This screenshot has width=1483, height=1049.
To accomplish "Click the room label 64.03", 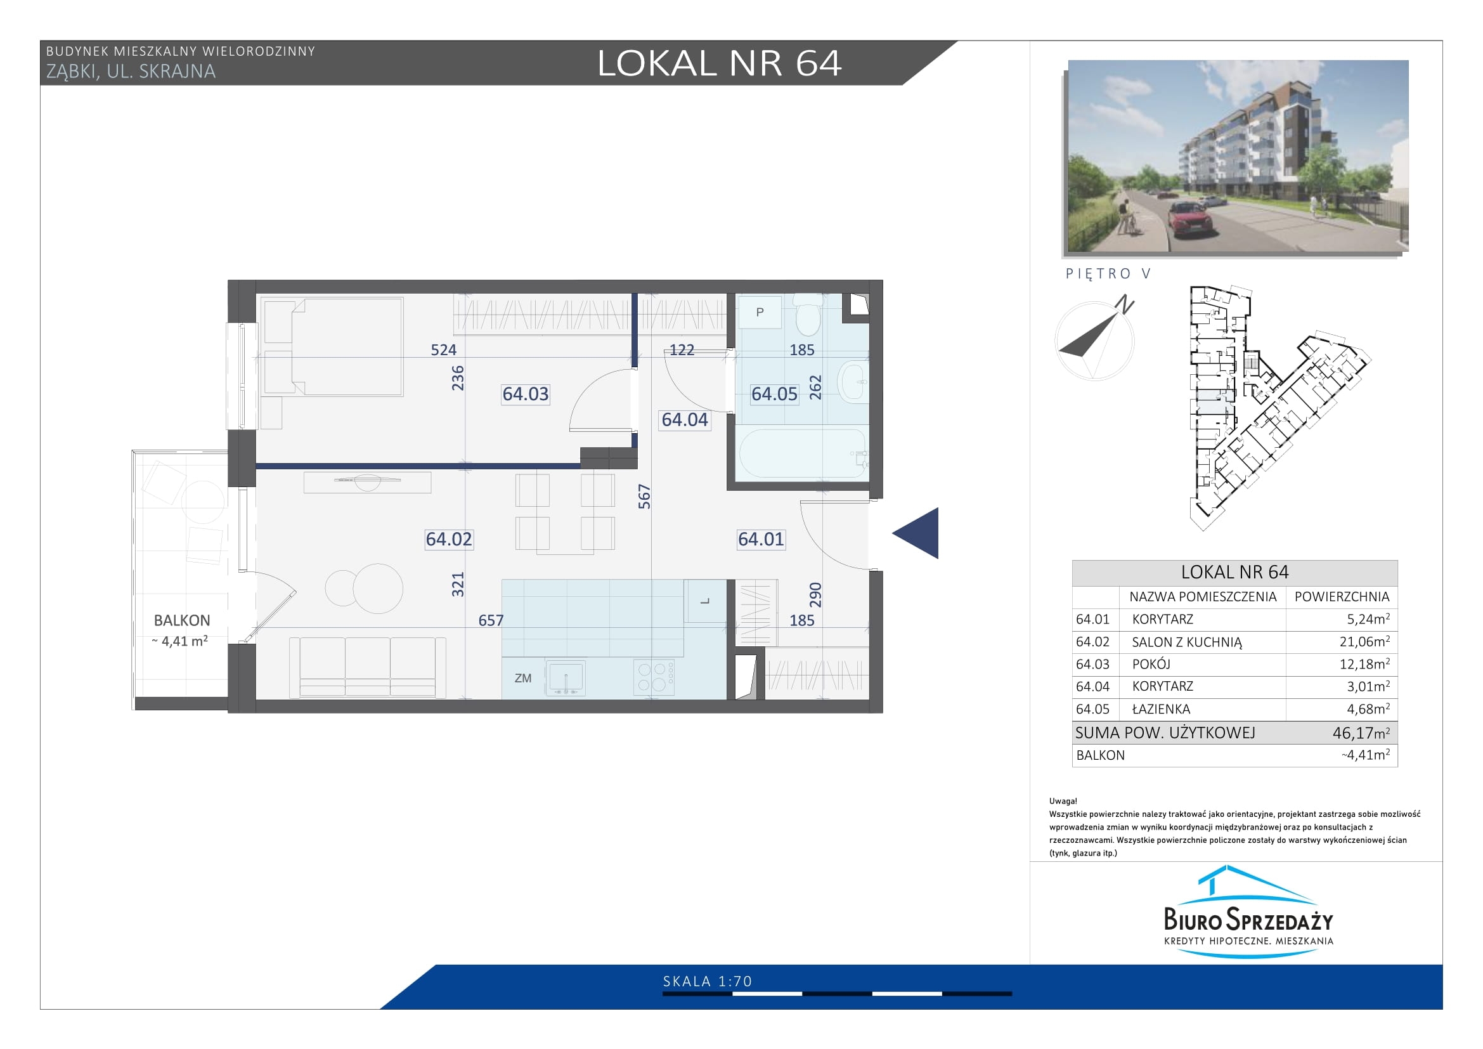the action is tap(525, 393).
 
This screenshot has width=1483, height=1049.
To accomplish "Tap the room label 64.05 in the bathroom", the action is tap(774, 393).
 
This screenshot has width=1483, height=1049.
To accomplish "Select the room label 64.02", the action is tap(449, 538).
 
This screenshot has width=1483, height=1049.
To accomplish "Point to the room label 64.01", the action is tap(761, 538).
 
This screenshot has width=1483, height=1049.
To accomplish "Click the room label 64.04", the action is tap(685, 420).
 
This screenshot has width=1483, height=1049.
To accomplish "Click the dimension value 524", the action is tap(444, 350).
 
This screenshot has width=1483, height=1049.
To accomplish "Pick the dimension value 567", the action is tap(644, 497).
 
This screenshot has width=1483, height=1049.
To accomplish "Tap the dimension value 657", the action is tap(491, 621).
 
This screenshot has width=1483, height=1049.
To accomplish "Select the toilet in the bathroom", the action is tap(807, 315).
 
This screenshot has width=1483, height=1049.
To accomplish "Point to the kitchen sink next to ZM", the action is tap(565, 677).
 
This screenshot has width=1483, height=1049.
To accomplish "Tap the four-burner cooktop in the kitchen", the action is tap(654, 677).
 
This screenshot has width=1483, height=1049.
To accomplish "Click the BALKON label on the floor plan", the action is tap(182, 621).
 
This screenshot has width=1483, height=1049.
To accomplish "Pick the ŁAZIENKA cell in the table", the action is tap(1161, 708).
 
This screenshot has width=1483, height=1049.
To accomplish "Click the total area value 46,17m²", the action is tap(1361, 733).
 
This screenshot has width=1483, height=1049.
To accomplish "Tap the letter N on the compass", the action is tap(1125, 304).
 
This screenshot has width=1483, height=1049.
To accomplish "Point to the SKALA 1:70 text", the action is tap(708, 981).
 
